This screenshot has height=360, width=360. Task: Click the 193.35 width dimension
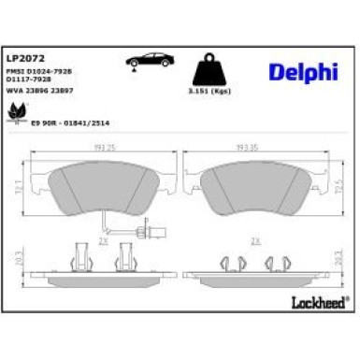(x=250, y=148)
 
